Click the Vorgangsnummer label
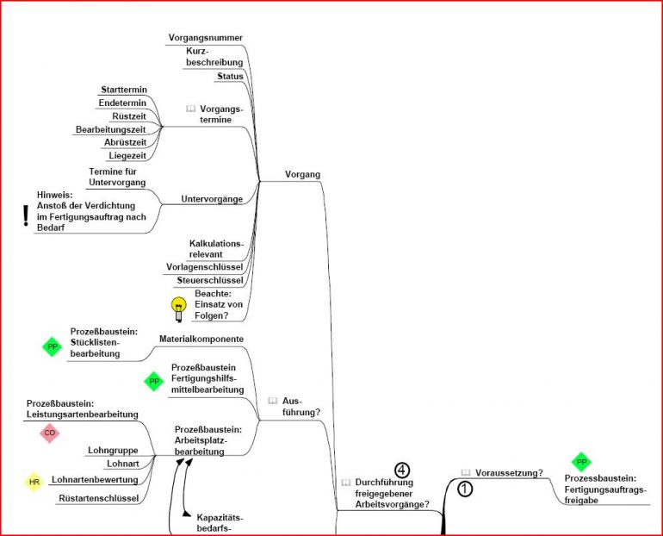(x=205, y=37)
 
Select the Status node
(x=229, y=76)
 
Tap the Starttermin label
(x=124, y=90)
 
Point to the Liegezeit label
(x=127, y=155)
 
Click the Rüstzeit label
(x=128, y=115)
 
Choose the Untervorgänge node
(x=212, y=199)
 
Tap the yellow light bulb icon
(x=179, y=309)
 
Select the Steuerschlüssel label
(x=210, y=280)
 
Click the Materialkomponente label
(x=201, y=339)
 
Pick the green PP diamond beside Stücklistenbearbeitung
(x=53, y=346)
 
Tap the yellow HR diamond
(x=34, y=482)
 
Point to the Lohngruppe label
(x=114, y=450)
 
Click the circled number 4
(x=402, y=470)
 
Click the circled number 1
(x=464, y=489)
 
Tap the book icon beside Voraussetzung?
(x=466, y=473)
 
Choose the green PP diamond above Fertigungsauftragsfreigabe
(x=581, y=463)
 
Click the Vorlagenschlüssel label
(x=204, y=267)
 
